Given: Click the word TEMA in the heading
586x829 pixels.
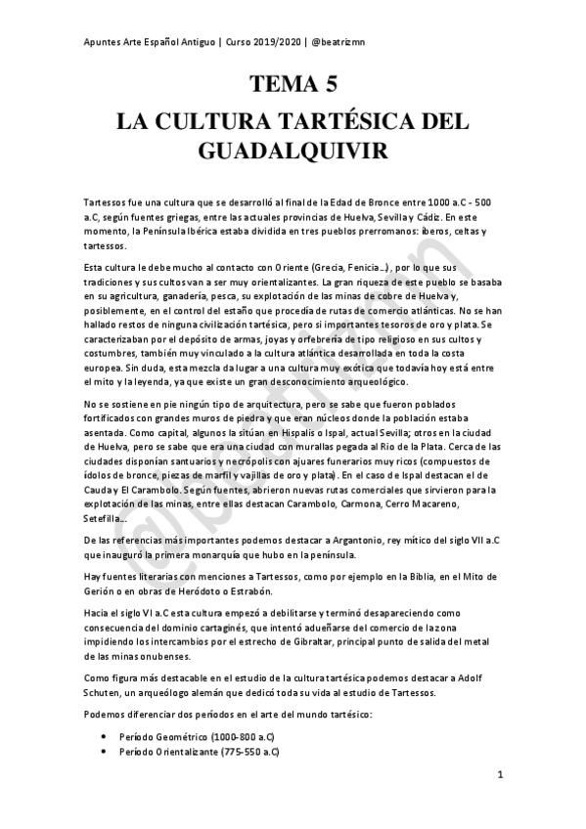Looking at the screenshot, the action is (269, 85).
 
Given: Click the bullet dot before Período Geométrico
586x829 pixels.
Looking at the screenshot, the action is (105, 736).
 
